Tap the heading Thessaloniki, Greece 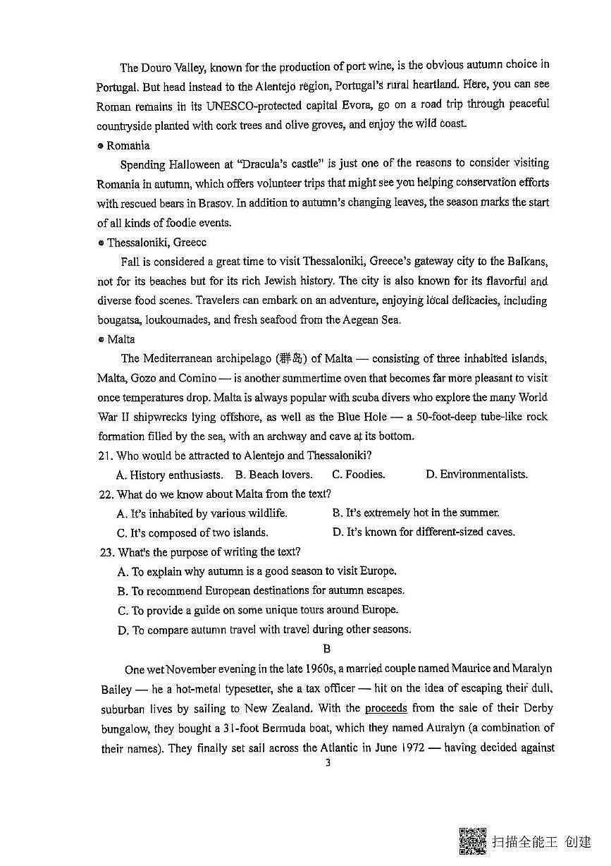(x=156, y=242)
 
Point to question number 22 (x=106, y=494)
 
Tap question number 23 (x=107, y=552)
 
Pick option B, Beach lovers (x=274, y=475)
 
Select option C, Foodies (x=359, y=475)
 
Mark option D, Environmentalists (x=476, y=475)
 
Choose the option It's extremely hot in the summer (x=416, y=513)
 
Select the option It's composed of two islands (x=192, y=532)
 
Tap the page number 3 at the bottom (x=327, y=762)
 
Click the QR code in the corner (x=472, y=840)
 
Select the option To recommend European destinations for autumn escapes (x=261, y=591)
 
